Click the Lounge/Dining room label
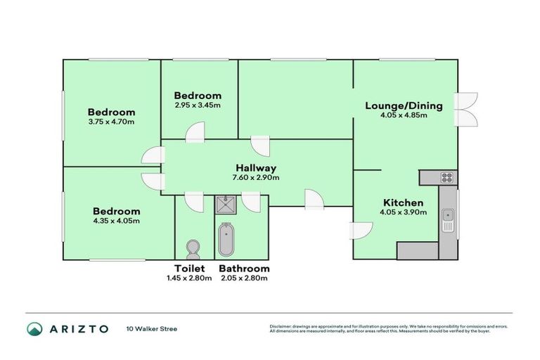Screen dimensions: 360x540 (x=404, y=106)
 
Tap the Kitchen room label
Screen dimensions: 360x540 (x=402, y=202)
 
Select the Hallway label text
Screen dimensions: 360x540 (x=255, y=168)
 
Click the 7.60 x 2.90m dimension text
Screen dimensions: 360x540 (x=255, y=178)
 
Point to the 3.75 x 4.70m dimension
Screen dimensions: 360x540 (x=111, y=122)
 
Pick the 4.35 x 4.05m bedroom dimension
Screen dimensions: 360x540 (x=116, y=221)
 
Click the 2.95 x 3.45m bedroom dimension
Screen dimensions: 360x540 (x=198, y=105)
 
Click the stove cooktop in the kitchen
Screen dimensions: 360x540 (x=446, y=177)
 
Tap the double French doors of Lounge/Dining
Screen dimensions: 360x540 (x=465, y=110)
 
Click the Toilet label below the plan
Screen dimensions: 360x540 (x=189, y=269)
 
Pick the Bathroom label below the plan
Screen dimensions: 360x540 (x=244, y=269)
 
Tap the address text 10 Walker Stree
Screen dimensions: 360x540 (x=151, y=328)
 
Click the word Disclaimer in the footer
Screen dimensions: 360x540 (x=282, y=326)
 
